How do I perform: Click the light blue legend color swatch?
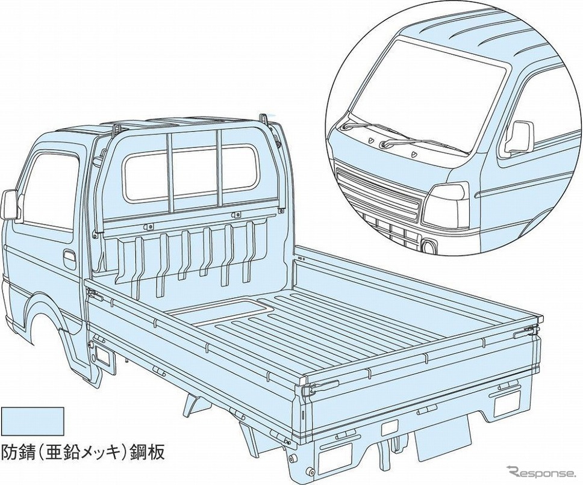click(33, 420)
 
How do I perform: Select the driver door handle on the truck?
click(69, 261)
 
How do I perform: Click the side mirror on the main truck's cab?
click(11, 205)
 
